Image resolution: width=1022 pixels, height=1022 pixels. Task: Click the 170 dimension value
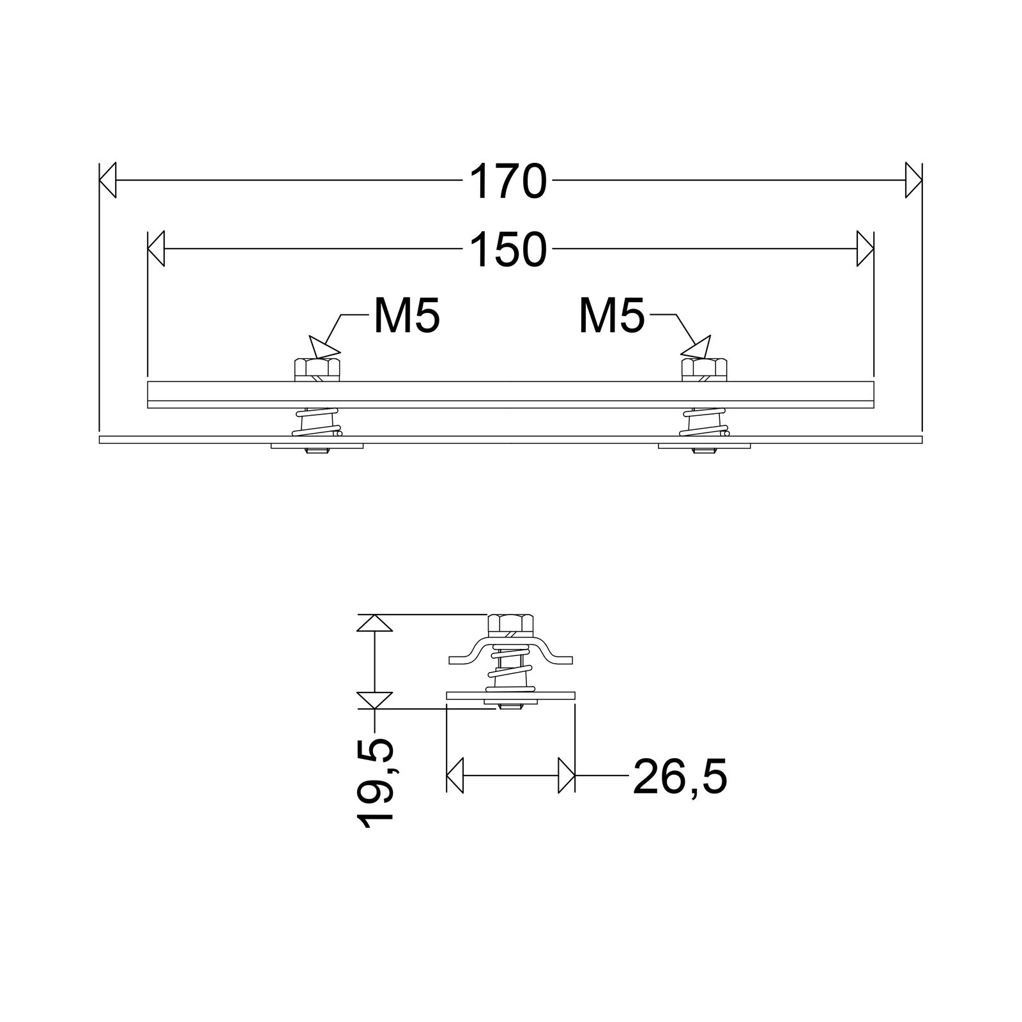click(x=508, y=181)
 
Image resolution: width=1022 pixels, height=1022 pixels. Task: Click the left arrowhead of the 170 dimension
click(x=107, y=181)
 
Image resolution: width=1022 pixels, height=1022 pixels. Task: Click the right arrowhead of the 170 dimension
click(x=914, y=181)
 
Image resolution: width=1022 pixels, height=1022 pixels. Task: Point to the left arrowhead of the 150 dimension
click(x=156, y=249)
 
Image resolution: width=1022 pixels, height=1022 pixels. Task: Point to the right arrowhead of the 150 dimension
click(x=865, y=249)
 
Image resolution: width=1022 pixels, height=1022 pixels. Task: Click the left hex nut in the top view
click(x=317, y=369)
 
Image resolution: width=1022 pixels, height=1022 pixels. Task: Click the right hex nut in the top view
click(x=705, y=369)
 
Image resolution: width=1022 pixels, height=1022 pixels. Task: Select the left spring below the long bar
click(x=317, y=422)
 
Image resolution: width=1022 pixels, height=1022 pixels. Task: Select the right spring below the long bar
click(x=705, y=422)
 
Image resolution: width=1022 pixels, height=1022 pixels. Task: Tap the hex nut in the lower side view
click(x=510, y=623)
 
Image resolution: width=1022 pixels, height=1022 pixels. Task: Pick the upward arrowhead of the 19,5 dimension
click(x=374, y=623)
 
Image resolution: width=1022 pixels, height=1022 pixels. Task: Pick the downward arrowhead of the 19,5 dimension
click(x=374, y=700)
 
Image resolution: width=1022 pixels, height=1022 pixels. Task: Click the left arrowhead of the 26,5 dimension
click(x=455, y=775)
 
